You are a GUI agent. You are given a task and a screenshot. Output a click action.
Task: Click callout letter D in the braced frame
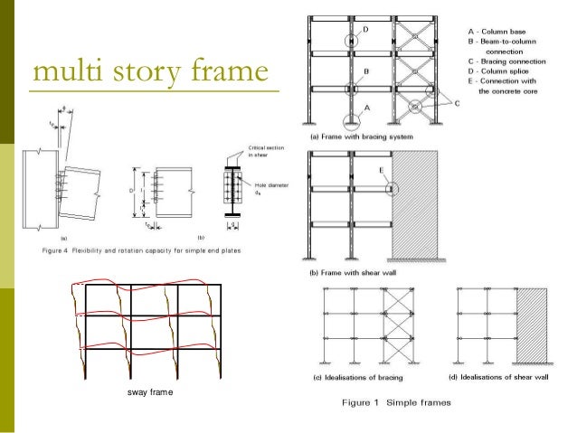pos(366,30)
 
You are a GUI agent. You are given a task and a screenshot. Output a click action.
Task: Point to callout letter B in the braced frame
pos(365,70)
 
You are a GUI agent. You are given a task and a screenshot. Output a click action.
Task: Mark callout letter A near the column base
pos(367,106)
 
